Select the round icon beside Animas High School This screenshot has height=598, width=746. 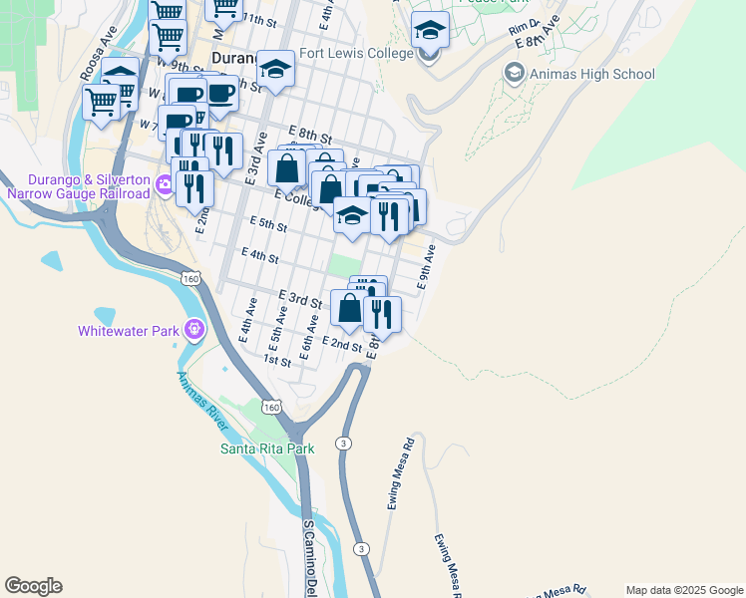[514, 73]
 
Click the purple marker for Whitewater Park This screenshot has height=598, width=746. [193, 328]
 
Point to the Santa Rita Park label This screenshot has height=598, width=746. [267, 448]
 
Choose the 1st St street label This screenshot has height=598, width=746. [276, 361]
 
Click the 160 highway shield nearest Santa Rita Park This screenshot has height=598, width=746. [271, 407]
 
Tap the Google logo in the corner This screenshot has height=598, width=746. [33, 586]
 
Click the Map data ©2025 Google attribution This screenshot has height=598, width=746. [684, 590]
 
